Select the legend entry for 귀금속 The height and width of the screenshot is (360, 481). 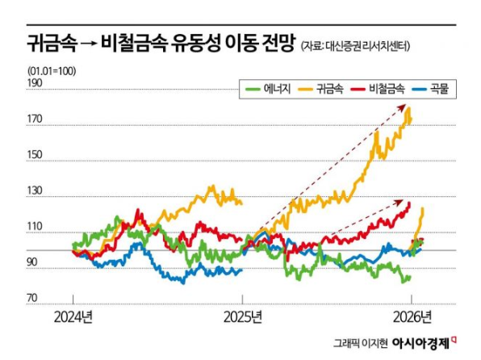click(x=323, y=87)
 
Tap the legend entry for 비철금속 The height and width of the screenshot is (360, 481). click(x=379, y=87)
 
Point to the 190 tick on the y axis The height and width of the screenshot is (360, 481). click(x=36, y=82)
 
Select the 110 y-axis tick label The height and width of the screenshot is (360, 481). click(x=36, y=232)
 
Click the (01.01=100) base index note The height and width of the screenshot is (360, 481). click(x=52, y=70)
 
